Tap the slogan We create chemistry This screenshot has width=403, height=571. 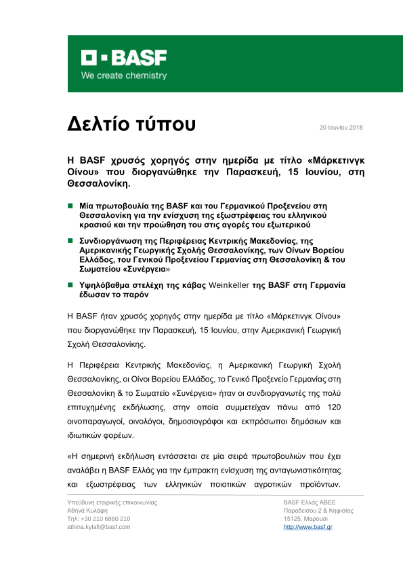coord(124,76)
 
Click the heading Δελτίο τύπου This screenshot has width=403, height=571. coord(131,124)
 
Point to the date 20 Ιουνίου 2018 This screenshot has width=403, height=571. coord(341,128)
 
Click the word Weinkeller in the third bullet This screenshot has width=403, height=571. coord(229,285)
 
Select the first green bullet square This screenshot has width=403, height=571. coord(70,206)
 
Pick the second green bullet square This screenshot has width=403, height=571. coord(70,241)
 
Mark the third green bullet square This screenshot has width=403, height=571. coord(70,285)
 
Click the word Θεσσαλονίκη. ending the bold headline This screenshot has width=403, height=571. coord(99,184)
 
